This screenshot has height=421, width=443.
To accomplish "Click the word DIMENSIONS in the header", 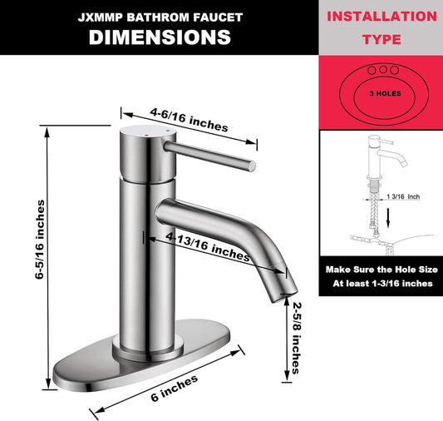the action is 160,37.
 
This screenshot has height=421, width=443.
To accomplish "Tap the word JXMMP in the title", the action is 100,17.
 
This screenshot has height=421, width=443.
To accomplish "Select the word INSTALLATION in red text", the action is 381,16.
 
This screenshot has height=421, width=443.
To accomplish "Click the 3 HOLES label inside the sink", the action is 385,93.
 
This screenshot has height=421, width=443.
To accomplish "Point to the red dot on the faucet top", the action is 146,136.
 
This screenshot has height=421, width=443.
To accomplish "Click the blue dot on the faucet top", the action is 169,131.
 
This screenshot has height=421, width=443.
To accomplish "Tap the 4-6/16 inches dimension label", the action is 189,120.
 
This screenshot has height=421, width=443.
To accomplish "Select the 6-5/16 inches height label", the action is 40,239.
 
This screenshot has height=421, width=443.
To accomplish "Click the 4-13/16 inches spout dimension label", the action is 208,246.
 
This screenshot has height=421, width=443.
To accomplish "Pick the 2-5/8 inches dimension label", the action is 296,338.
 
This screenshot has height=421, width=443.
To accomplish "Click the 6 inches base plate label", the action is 174,389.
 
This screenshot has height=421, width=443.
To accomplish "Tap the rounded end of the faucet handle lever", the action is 252,166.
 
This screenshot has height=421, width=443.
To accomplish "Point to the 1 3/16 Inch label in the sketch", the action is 403,196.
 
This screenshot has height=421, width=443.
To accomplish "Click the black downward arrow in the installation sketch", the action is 388,218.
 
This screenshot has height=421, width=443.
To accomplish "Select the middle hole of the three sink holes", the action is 383,69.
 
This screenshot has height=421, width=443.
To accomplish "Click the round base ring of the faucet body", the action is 148,349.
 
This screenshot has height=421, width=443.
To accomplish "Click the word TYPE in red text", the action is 381,39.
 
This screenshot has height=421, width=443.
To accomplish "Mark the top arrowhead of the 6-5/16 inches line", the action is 47,132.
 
